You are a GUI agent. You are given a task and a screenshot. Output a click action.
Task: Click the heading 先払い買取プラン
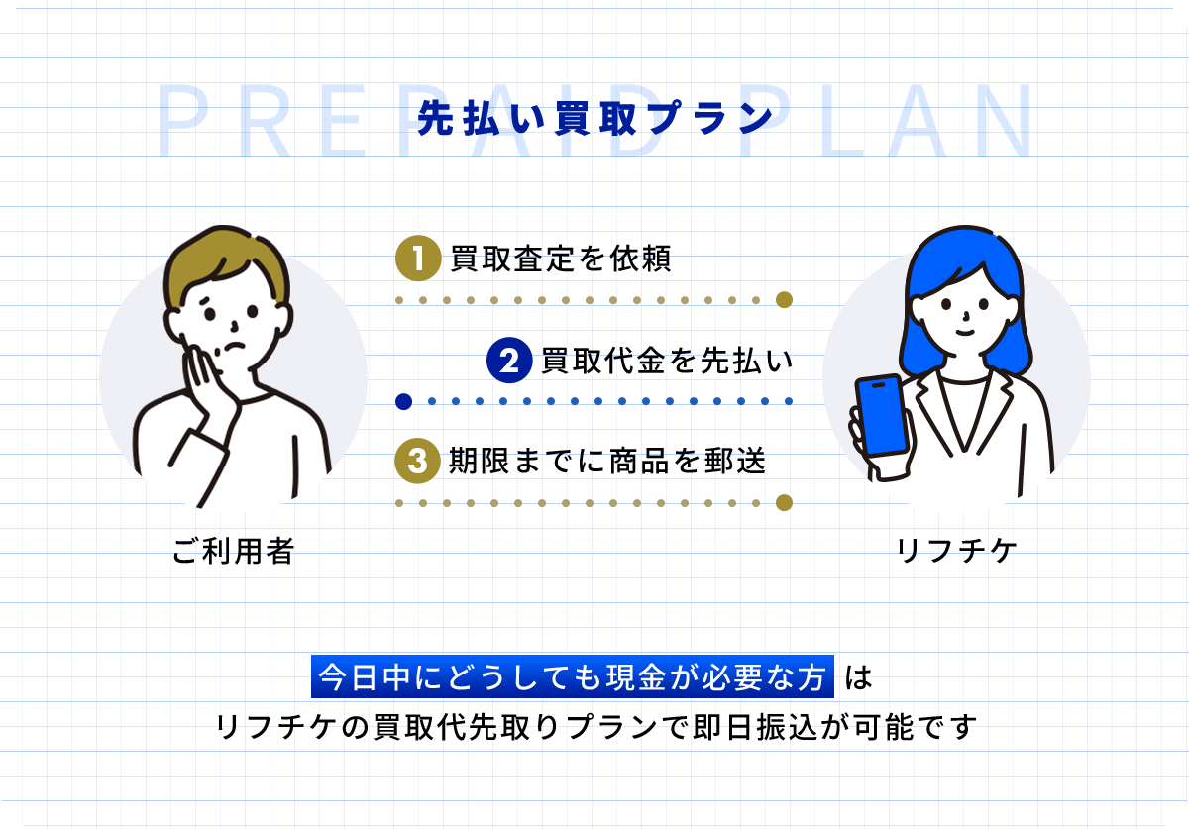click(595, 118)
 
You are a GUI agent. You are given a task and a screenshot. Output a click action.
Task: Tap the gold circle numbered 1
click(418, 259)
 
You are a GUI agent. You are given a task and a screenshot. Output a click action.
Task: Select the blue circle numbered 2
click(509, 361)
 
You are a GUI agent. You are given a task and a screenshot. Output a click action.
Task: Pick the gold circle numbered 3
click(418, 461)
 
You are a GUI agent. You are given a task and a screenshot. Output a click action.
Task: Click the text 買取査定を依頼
click(561, 259)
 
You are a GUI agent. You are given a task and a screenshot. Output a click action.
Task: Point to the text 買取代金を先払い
click(667, 361)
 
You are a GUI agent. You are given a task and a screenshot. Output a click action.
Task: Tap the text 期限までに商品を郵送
click(607, 461)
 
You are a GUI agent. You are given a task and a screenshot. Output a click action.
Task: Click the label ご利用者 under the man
click(233, 551)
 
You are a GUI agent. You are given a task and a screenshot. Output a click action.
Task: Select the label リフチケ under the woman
click(956, 551)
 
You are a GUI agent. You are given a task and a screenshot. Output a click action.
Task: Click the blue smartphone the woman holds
click(881, 415)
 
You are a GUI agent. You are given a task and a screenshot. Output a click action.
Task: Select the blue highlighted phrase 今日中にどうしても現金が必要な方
click(573, 676)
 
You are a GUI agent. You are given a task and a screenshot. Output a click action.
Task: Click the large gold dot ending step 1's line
click(784, 300)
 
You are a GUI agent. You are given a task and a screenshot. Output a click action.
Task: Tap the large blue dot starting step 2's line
click(404, 402)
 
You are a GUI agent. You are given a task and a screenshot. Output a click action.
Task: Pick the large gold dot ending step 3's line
click(784, 502)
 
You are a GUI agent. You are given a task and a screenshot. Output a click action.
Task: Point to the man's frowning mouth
click(234, 347)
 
